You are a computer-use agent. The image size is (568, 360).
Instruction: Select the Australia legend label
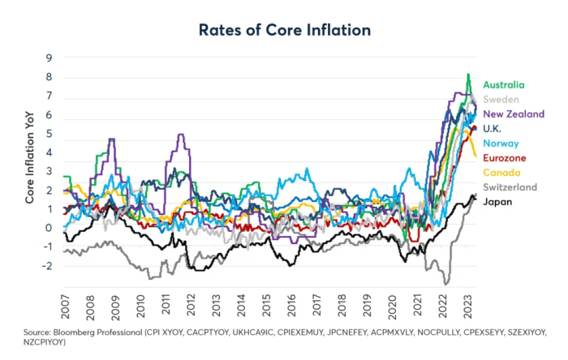point(504,84)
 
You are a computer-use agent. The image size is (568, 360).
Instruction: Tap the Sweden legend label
point(501,99)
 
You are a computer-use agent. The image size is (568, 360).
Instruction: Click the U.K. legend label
point(494,128)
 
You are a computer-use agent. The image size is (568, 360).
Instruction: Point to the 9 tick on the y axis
point(49,58)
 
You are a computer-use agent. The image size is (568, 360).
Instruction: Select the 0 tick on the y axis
point(49,228)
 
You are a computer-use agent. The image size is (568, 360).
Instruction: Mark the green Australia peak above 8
point(467,75)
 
